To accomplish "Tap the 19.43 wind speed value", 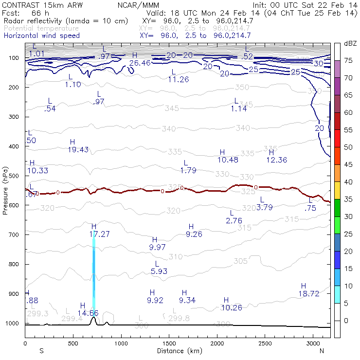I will [x=78, y=149].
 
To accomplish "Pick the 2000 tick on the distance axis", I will [x=217, y=343].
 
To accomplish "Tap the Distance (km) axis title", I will [x=177, y=350].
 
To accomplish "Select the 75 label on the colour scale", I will [x=348, y=60].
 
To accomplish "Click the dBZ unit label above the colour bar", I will [x=350, y=43].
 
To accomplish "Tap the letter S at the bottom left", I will [x=41, y=350].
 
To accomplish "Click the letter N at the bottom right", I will [x=322, y=350].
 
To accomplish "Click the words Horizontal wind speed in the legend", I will [x=42, y=36].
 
